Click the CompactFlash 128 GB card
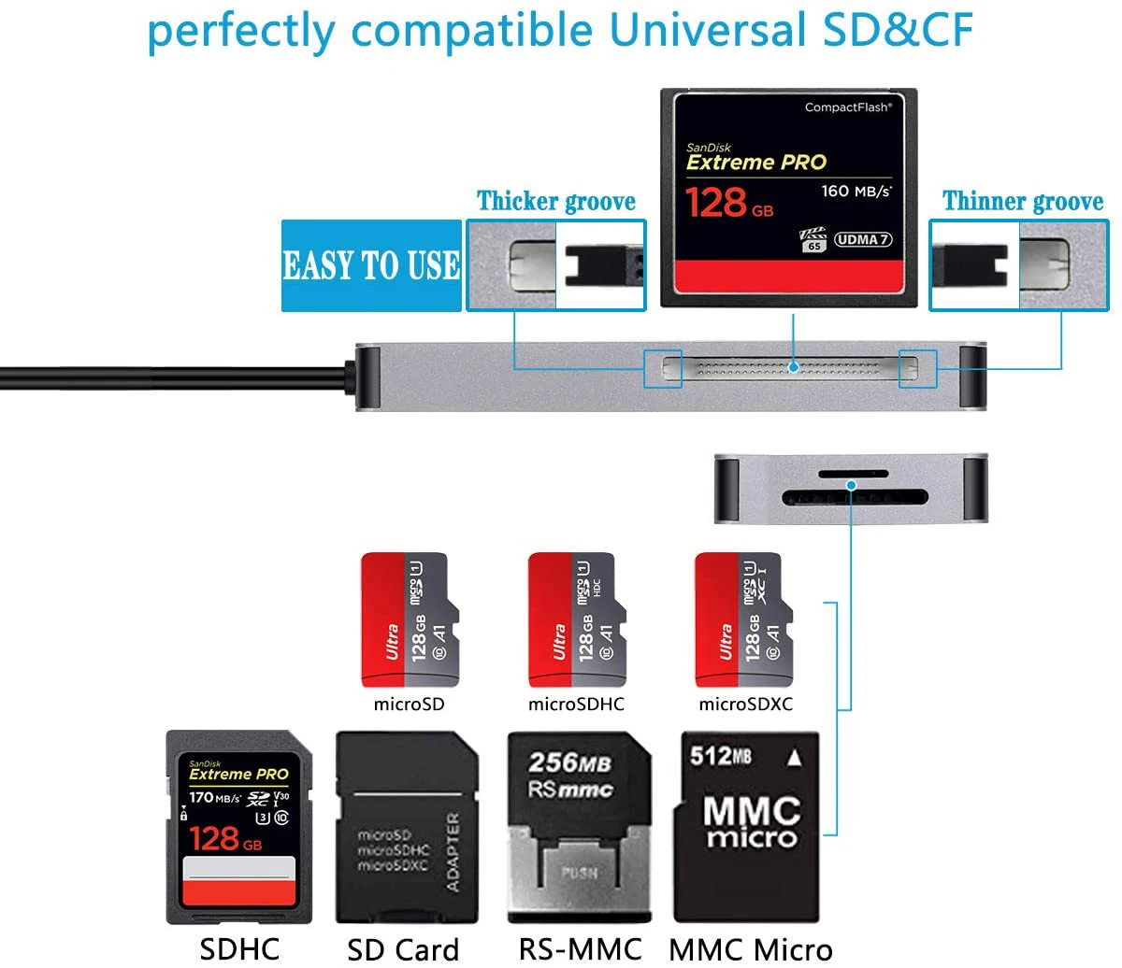(x=788, y=198)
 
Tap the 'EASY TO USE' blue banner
(x=371, y=265)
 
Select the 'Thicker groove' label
(x=556, y=201)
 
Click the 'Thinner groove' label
(x=1022, y=201)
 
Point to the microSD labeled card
(x=410, y=620)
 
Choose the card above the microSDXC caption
(x=743, y=620)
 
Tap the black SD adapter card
(x=407, y=828)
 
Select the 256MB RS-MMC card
(x=578, y=828)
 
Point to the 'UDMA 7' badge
(x=862, y=239)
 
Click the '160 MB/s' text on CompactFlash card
(x=856, y=192)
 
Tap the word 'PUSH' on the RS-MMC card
(x=580, y=875)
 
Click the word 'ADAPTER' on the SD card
(x=453, y=850)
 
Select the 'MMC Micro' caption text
(x=750, y=949)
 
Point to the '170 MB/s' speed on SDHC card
(x=214, y=798)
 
